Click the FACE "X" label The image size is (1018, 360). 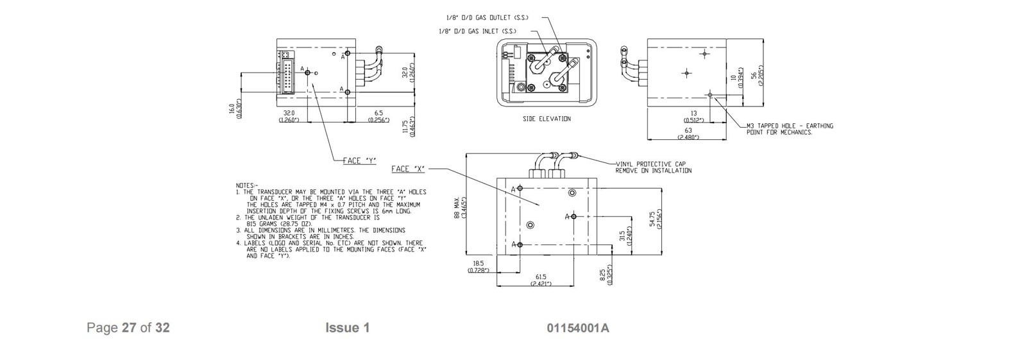[408, 169]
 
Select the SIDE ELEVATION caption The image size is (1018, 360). [547, 119]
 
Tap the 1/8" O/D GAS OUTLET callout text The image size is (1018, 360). [488, 18]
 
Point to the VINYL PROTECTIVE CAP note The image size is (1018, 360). [654, 167]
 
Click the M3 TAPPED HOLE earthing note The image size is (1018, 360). [790, 129]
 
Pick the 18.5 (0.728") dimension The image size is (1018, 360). [478, 267]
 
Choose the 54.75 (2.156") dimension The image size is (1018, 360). [655, 219]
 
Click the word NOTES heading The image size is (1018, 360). [246, 185]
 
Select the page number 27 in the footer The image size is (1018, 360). [129, 328]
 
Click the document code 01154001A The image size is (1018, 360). [577, 329]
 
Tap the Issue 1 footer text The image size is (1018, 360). [347, 328]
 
